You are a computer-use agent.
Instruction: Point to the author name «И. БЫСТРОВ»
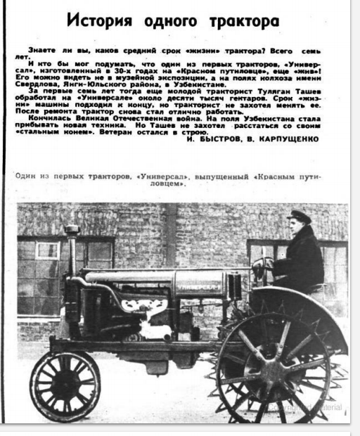216,139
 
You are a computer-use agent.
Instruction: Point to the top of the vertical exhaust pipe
71,230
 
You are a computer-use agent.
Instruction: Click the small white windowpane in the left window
47,250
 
